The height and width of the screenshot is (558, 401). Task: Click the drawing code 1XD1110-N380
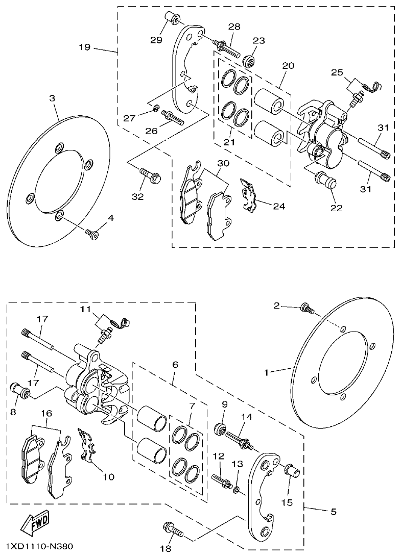point(39,546)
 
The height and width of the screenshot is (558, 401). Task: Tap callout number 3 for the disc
point(52,97)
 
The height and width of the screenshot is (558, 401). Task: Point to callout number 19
point(85,47)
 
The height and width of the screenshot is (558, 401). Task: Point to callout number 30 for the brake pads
point(223,163)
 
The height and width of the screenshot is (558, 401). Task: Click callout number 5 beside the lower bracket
point(334,511)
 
